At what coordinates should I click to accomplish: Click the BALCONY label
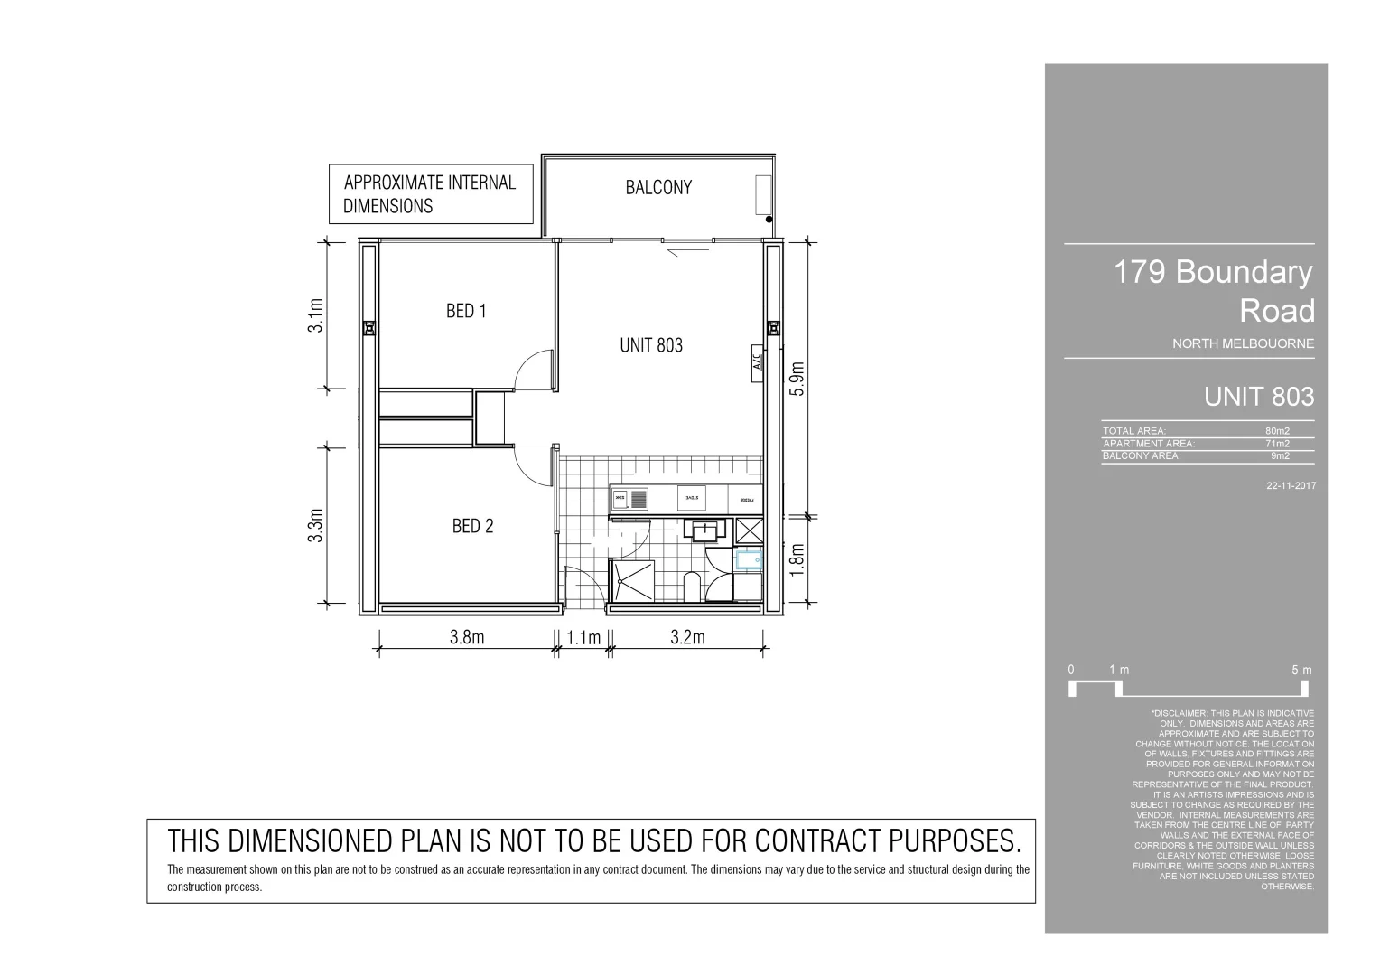click(x=658, y=187)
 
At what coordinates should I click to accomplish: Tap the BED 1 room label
click(x=466, y=311)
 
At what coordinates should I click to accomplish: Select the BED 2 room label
click(x=472, y=526)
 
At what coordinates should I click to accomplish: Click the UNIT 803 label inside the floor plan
click(x=651, y=344)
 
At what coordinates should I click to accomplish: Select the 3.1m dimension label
click(x=314, y=315)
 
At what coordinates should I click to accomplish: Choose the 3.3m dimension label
click(x=314, y=526)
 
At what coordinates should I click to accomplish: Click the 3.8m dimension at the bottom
click(x=467, y=637)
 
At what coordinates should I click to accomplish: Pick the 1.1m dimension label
click(x=583, y=638)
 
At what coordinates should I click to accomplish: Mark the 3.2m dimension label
click(x=687, y=637)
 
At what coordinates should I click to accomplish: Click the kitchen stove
click(x=691, y=498)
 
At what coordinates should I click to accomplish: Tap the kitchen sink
click(x=630, y=498)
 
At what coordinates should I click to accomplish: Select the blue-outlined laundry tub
click(x=749, y=560)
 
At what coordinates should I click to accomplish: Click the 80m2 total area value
click(x=1277, y=431)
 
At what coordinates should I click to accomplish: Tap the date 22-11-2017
click(x=1291, y=485)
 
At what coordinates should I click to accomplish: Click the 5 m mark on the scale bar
click(x=1301, y=671)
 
